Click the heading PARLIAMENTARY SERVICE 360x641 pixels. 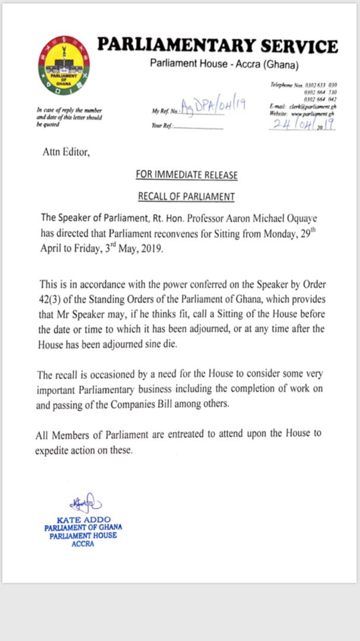click(x=217, y=46)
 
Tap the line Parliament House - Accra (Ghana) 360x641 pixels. click(x=224, y=64)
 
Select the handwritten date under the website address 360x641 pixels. click(x=302, y=124)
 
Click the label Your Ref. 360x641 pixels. click(x=161, y=126)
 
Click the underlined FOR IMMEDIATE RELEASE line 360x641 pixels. click(x=186, y=175)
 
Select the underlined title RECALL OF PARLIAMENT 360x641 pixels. click(x=186, y=196)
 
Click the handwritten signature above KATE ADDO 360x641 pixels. click(x=84, y=504)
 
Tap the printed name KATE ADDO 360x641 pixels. click(x=82, y=520)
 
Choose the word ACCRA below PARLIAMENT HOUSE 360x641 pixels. click(x=83, y=543)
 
